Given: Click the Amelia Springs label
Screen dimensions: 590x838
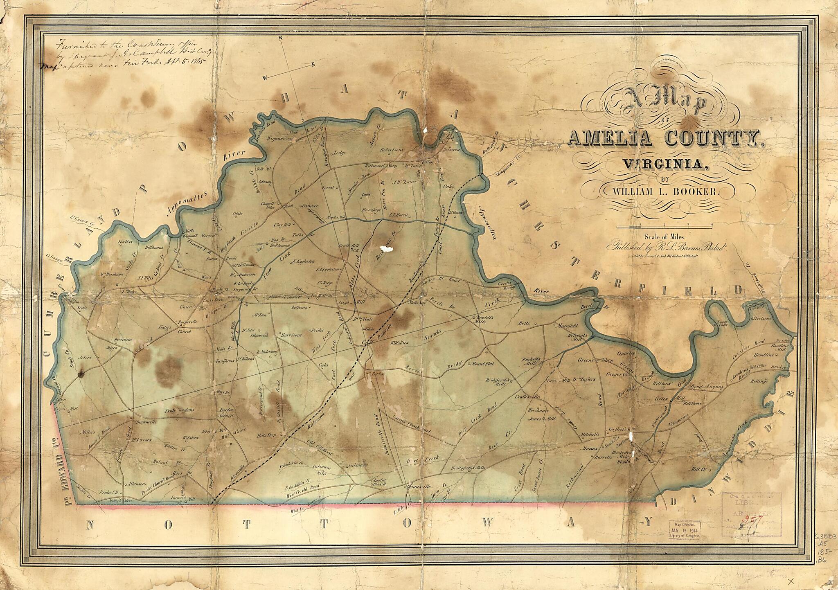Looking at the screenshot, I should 226,412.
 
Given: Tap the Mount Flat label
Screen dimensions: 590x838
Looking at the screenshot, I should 483,363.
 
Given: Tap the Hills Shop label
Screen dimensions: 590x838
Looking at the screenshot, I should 266,435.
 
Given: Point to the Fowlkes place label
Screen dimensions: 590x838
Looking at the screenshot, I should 125,242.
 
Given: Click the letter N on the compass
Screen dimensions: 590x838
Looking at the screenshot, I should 281,38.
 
